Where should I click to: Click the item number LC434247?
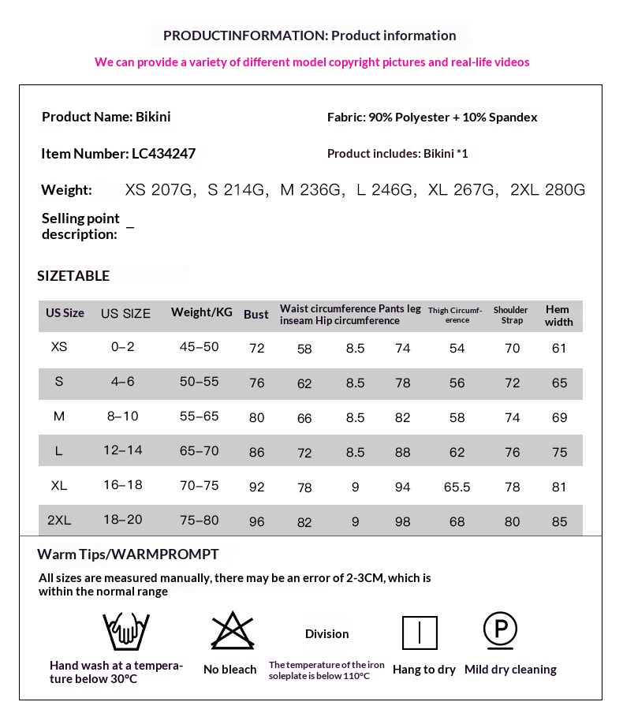click(163, 154)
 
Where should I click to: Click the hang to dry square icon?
click(420, 633)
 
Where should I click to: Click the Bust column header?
click(256, 314)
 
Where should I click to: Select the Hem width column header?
click(558, 315)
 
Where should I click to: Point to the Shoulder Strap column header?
click(511, 315)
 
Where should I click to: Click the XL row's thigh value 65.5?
click(457, 487)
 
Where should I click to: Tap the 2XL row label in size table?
click(59, 521)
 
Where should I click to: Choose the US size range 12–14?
click(122, 450)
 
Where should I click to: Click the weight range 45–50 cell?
click(199, 347)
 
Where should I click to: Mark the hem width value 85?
click(559, 521)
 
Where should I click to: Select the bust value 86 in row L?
click(256, 453)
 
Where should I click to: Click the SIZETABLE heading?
click(73, 275)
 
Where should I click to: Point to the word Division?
click(326, 634)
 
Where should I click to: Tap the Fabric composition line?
click(432, 118)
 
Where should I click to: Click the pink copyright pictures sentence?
click(311, 62)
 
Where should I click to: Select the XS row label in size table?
click(59, 347)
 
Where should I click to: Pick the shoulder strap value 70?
click(513, 348)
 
